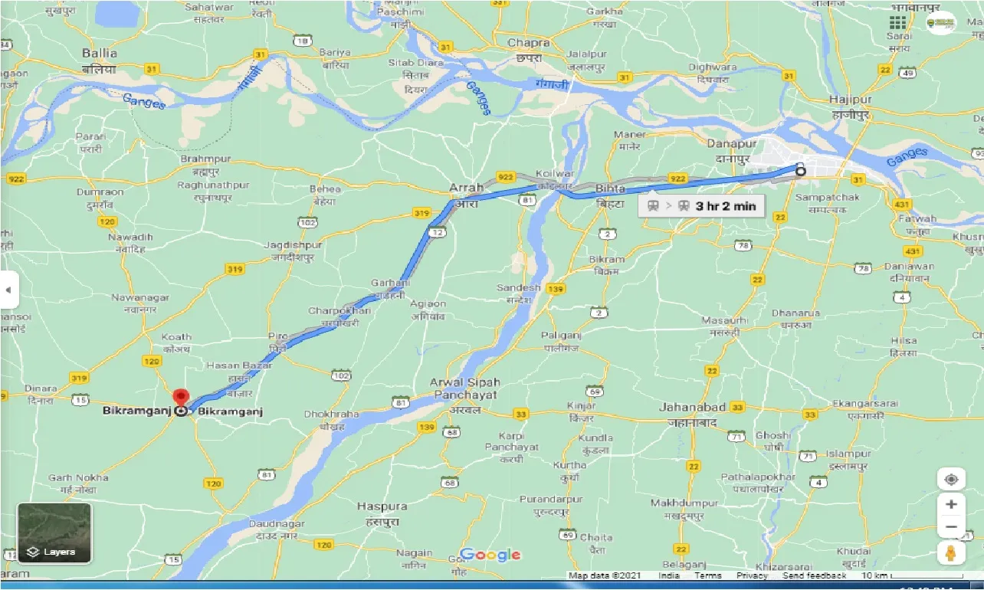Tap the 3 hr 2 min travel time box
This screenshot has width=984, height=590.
point(701,205)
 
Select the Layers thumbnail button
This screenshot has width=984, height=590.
point(54,533)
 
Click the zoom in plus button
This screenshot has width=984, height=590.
point(950,504)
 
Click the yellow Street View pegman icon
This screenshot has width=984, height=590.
point(950,553)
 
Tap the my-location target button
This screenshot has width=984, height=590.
point(950,480)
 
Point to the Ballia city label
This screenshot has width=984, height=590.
point(100,54)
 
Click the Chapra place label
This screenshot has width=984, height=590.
point(529,44)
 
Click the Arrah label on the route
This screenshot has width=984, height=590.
point(466,188)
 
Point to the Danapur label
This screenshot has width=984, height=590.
point(731,144)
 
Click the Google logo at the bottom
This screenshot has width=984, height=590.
point(490,555)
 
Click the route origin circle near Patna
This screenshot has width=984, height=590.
point(800,171)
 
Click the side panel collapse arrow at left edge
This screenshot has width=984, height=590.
point(8,290)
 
